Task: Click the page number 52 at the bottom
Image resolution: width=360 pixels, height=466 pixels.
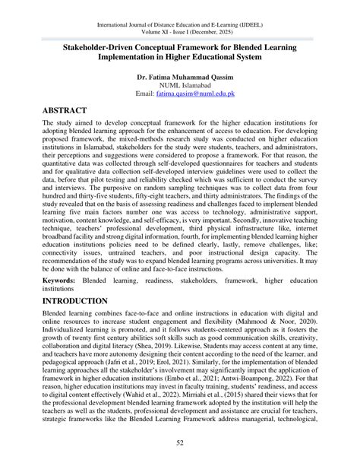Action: tap(180, 443)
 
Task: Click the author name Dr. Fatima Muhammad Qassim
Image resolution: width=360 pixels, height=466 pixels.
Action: tap(179, 76)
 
